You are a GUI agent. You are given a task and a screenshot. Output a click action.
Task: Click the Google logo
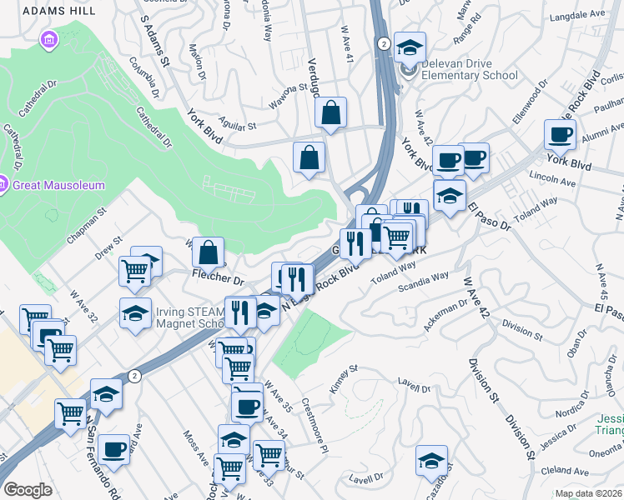[28, 490]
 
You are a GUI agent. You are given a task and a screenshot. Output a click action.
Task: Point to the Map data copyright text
[588, 493]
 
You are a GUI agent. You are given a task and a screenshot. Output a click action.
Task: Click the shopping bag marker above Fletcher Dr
[209, 250]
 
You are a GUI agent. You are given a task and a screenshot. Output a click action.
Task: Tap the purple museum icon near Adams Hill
[48, 39]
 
